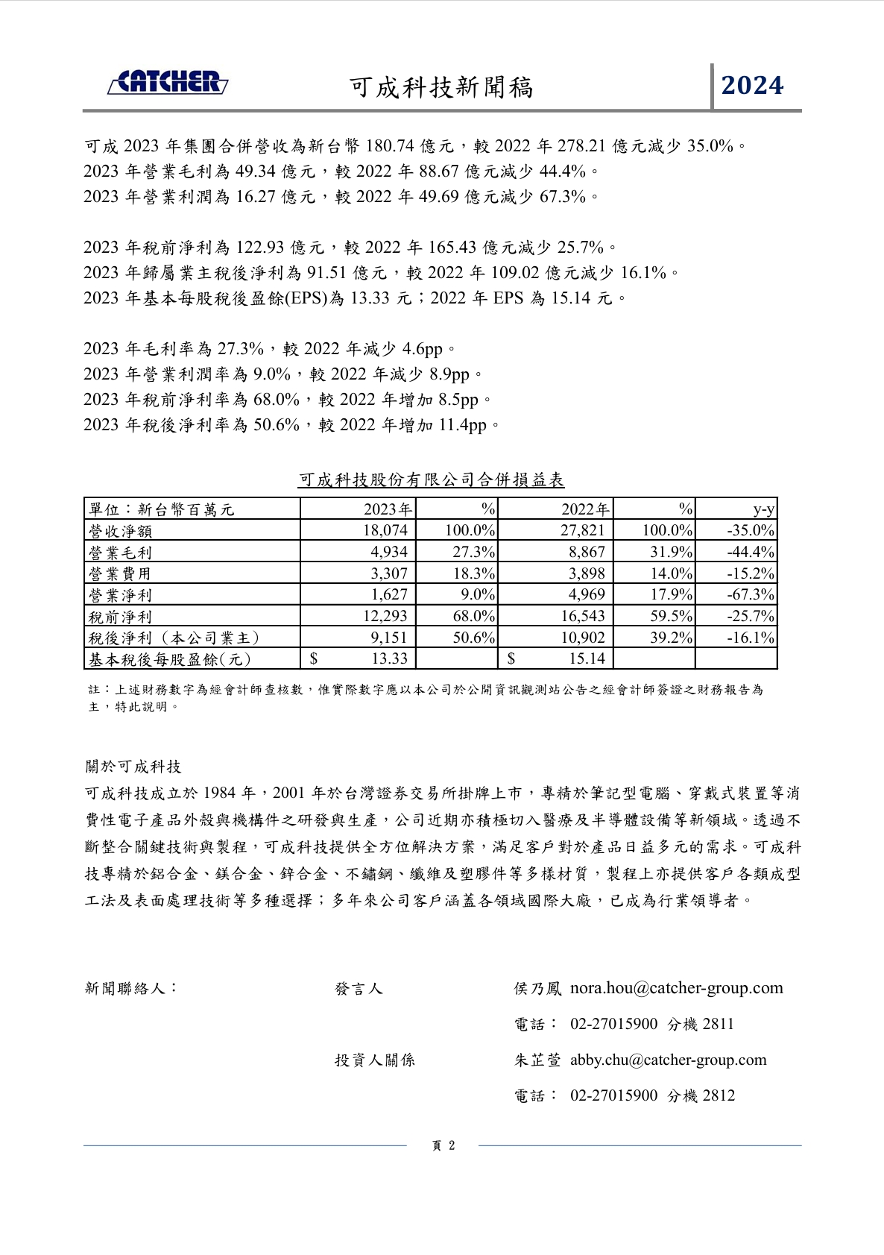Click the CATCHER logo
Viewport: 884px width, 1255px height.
pyautogui.click(x=168, y=82)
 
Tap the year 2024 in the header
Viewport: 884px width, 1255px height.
pyautogui.click(x=752, y=86)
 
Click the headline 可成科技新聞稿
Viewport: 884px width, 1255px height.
pyautogui.click(x=441, y=87)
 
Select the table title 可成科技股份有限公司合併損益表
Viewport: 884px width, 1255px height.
pyautogui.click(x=431, y=479)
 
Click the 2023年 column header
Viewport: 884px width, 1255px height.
pyautogui.click(x=387, y=509)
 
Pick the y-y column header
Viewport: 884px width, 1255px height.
pyautogui.click(x=763, y=509)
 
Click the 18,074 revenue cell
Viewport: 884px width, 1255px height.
pyautogui.click(x=385, y=530)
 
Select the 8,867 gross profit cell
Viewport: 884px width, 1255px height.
pyautogui.click(x=587, y=552)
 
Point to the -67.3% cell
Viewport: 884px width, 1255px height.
pyautogui.click(x=750, y=594)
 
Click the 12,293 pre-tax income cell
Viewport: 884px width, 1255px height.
pyautogui.click(x=385, y=616)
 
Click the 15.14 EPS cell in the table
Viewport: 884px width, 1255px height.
pyautogui.click(x=587, y=658)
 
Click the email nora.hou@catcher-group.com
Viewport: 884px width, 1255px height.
pyautogui.click(x=676, y=988)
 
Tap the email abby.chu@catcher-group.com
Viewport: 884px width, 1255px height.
pyautogui.click(x=668, y=1060)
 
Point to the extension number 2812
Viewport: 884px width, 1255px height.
pyautogui.click(x=718, y=1095)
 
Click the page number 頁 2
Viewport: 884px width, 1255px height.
pyautogui.click(x=443, y=1146)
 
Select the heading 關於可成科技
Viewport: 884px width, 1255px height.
pyautogui.click(x=133, y=767)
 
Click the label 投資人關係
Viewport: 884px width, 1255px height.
pyautogui.click(x=374, y=1060)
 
